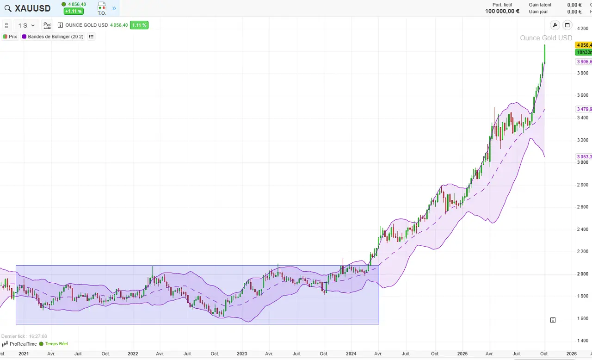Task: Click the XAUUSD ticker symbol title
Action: pos(32,8)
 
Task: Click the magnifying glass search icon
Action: pos(8,8)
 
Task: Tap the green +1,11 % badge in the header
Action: pos(74,11)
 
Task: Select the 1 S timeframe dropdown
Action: pos(26,25)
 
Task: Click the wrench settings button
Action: pos(555,25)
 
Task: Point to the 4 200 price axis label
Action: pos(582,29)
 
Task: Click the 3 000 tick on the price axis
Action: pos(582,162)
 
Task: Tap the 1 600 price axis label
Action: pos(582,318)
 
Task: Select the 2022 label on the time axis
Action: pos(133,354)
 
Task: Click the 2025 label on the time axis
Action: pos(463,354)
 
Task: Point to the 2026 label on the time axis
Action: pos(572,354)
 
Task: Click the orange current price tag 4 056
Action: pos(583,45)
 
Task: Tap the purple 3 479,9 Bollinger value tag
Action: pos(583,109)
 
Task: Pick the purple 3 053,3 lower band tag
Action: pos(583,156)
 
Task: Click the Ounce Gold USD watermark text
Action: pos(546,38)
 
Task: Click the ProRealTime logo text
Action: pos(23,344)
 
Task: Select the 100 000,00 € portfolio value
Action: pos(502,12)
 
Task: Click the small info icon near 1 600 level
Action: pos(553,320)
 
